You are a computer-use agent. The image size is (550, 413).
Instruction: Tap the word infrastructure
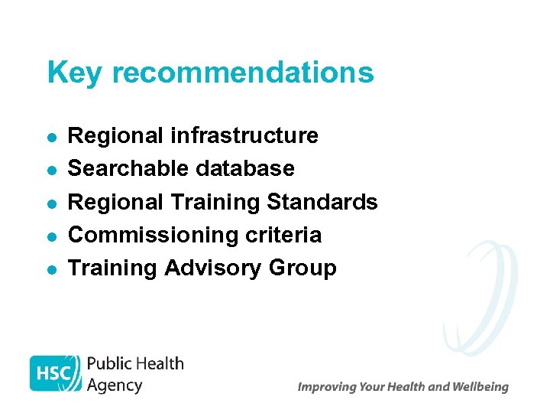(244, 136)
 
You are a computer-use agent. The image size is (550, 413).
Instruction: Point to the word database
(245, 169)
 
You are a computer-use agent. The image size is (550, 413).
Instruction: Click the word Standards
(322, 202)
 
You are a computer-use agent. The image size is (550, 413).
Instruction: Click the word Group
(302, 268)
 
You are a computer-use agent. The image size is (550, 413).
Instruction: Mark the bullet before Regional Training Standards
(50, 203)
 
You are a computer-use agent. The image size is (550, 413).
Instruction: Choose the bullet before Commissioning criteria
(50, 236)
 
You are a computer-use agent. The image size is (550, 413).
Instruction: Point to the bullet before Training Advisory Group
(50, 269)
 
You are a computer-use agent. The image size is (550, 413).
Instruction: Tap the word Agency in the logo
(115, 385)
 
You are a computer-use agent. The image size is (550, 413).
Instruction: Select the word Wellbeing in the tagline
(480, 387)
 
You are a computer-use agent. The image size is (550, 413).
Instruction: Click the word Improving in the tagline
(325, 387)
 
